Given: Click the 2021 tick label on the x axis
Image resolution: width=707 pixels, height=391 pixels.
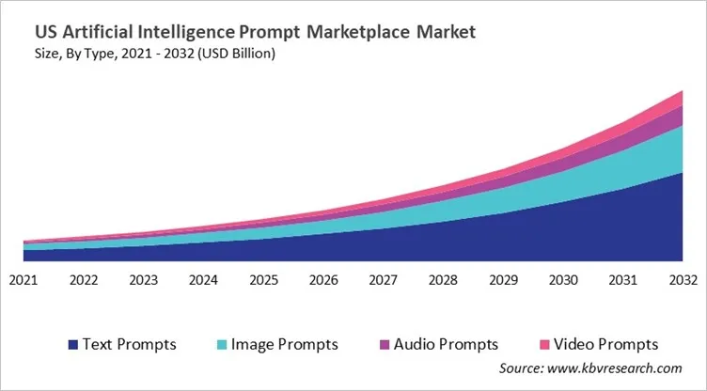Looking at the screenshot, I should pos(24,279).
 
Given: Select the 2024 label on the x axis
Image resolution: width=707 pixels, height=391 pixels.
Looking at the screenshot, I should pos(203,279).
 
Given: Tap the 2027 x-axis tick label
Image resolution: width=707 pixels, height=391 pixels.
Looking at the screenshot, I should pos(384,279).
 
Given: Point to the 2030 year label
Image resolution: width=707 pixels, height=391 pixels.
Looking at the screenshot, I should pos(563,279).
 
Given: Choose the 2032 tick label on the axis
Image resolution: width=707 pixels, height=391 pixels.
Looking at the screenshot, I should pos(683,279).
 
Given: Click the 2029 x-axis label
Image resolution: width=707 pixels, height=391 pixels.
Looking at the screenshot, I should pos(503,279).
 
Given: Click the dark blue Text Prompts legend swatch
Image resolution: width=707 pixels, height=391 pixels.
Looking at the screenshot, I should pos(71,345).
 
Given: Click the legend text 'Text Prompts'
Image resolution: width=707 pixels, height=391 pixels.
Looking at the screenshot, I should pos(130,345).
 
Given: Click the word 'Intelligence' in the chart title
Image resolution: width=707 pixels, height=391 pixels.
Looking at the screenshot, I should pos(193,32).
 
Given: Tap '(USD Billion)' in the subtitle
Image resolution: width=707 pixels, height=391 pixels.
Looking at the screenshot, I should pos(233,54).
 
